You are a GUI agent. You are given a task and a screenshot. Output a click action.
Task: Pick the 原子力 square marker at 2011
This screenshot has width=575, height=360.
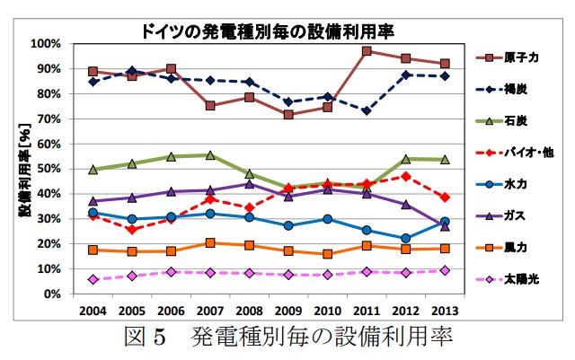[x=367, y=51]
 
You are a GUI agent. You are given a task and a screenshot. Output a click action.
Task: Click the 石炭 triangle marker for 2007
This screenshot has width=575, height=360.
[x=210, y=155]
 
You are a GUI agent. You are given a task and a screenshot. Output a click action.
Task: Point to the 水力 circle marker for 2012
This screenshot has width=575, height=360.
[x=405, y=239]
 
